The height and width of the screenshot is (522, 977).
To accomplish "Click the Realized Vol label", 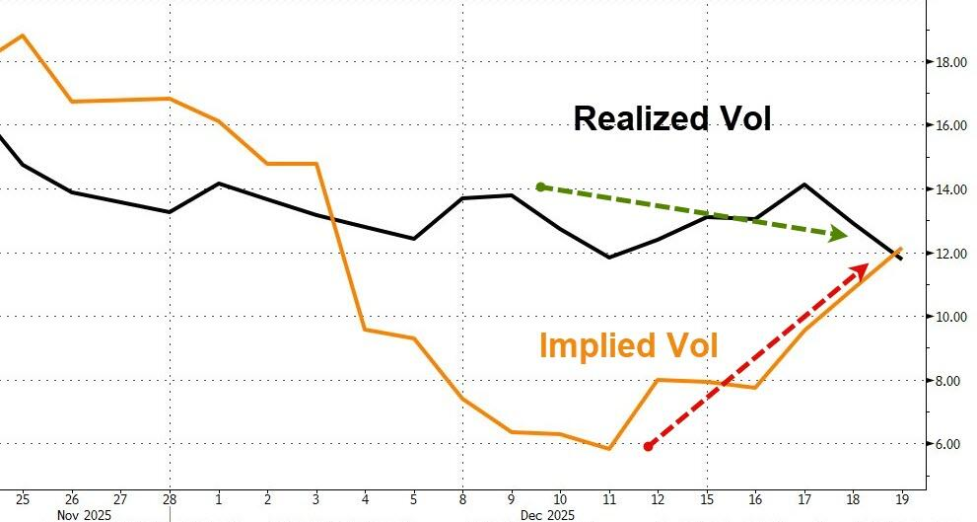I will coord(671,119).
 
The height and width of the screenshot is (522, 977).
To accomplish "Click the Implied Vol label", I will coord(628,345).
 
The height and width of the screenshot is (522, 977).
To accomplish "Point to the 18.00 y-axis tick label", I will coord(950,62).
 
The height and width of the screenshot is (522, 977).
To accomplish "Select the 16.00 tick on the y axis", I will coord(950,125).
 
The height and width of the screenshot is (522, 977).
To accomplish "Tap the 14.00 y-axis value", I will coord(950,189).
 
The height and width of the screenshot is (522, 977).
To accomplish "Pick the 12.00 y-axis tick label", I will coord(950,253).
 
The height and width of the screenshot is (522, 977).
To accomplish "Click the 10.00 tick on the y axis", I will coord(950,317).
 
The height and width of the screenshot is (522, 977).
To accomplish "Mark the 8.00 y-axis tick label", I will coord(948,380).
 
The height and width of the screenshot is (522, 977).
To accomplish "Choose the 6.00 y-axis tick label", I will coord(948,444).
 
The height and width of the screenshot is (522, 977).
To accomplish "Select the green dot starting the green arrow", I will coord(540,186).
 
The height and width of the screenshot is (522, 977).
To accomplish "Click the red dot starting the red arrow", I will coord(648,447).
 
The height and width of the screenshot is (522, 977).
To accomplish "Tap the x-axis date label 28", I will coord(170,498).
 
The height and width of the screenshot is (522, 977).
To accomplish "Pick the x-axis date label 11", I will coord(609,498).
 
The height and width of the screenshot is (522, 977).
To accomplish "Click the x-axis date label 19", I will coord(900,498).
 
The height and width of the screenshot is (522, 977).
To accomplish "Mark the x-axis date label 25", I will coord(23,498).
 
